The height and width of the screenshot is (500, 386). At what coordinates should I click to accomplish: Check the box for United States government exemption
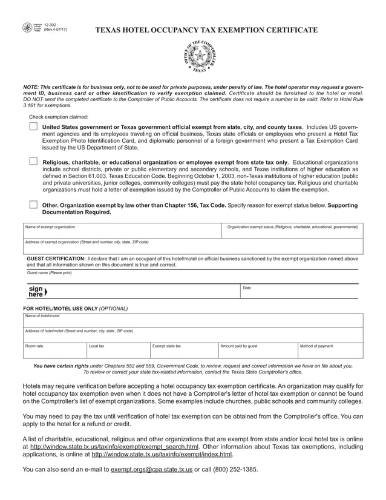33,127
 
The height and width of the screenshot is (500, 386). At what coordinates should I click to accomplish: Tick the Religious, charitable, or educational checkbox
33,162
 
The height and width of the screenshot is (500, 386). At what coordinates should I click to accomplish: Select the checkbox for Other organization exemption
33,205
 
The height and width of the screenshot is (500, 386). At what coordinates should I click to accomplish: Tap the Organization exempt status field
293,232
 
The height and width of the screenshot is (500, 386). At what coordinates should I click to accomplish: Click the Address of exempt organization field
193,247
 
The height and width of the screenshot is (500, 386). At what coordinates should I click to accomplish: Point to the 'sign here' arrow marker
37,292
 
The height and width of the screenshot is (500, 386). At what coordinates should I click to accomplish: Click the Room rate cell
54,350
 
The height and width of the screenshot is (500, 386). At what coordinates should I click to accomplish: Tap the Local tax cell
117,350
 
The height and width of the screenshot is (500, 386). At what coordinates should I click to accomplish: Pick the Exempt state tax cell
183,350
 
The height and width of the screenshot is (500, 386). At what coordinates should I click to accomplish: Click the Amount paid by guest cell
257,350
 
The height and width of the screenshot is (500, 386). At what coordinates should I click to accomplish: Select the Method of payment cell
330,350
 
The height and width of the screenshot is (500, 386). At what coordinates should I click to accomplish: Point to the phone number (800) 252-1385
232,470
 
